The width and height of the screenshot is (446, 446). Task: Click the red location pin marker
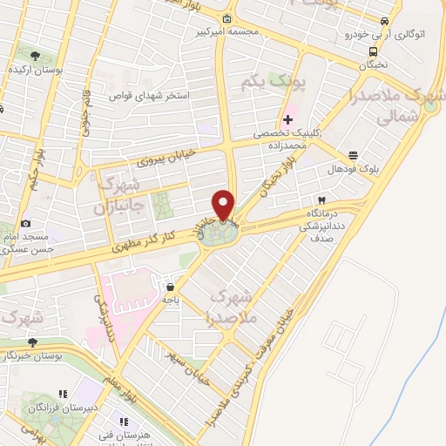coord(225,205)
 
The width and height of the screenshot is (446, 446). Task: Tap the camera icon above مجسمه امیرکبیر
coord(227,20)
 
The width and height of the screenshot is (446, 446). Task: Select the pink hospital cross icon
coord(287,119)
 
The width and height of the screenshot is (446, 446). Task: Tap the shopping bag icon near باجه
coord(170,285)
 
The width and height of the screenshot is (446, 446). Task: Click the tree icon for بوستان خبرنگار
coord(33,342)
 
